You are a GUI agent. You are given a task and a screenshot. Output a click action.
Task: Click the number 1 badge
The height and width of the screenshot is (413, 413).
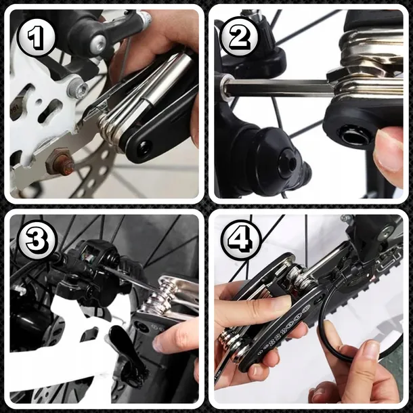(x=35, y=38)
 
